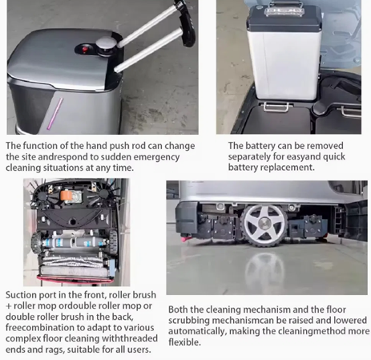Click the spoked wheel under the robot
[x=264, y=224]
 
